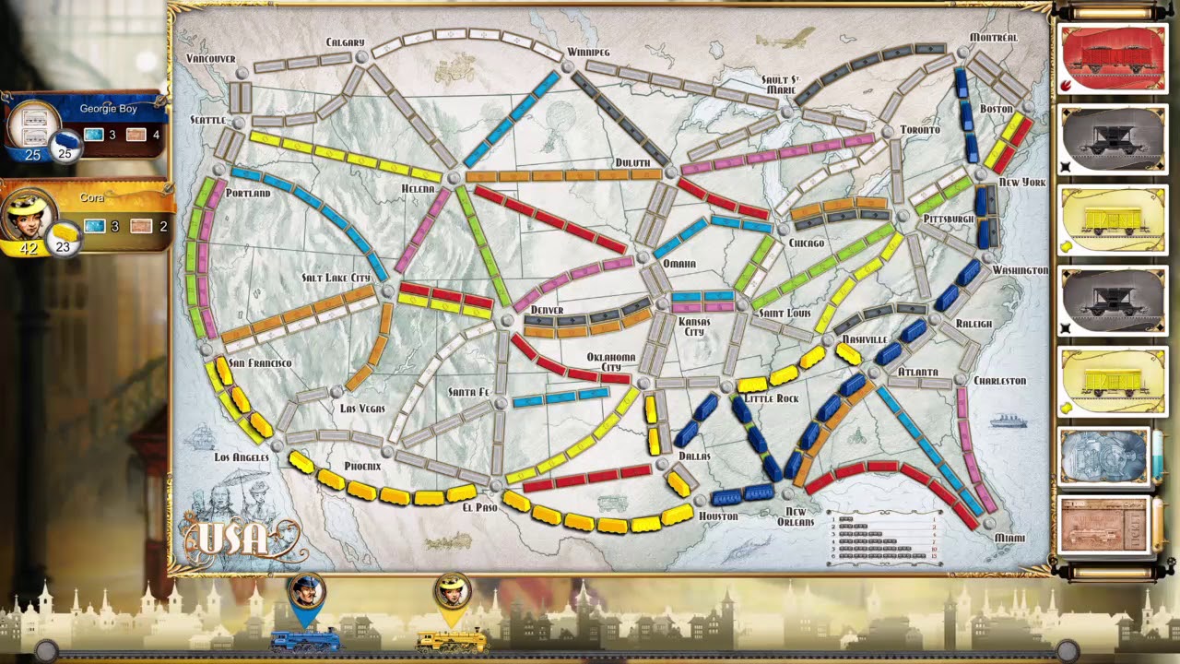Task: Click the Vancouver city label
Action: tap(211, 58)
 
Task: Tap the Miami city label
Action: tap(1009, 538)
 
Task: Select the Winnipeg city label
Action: tap(588, 52)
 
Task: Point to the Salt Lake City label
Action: tap(336, 278)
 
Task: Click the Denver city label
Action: tap(547, 310)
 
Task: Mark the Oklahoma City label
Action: tap(611, 362)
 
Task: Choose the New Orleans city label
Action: tap(796, 516)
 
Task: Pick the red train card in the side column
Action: tap(1113, 58)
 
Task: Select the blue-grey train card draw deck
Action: tap(1103, 456)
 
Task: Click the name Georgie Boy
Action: tap(108, 109)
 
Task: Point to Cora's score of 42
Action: tap(29, 248)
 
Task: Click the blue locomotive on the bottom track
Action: tap(305, 639)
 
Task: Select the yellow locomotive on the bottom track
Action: tap(452, 639)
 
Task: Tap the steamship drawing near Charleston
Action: tap(1009, 421)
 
